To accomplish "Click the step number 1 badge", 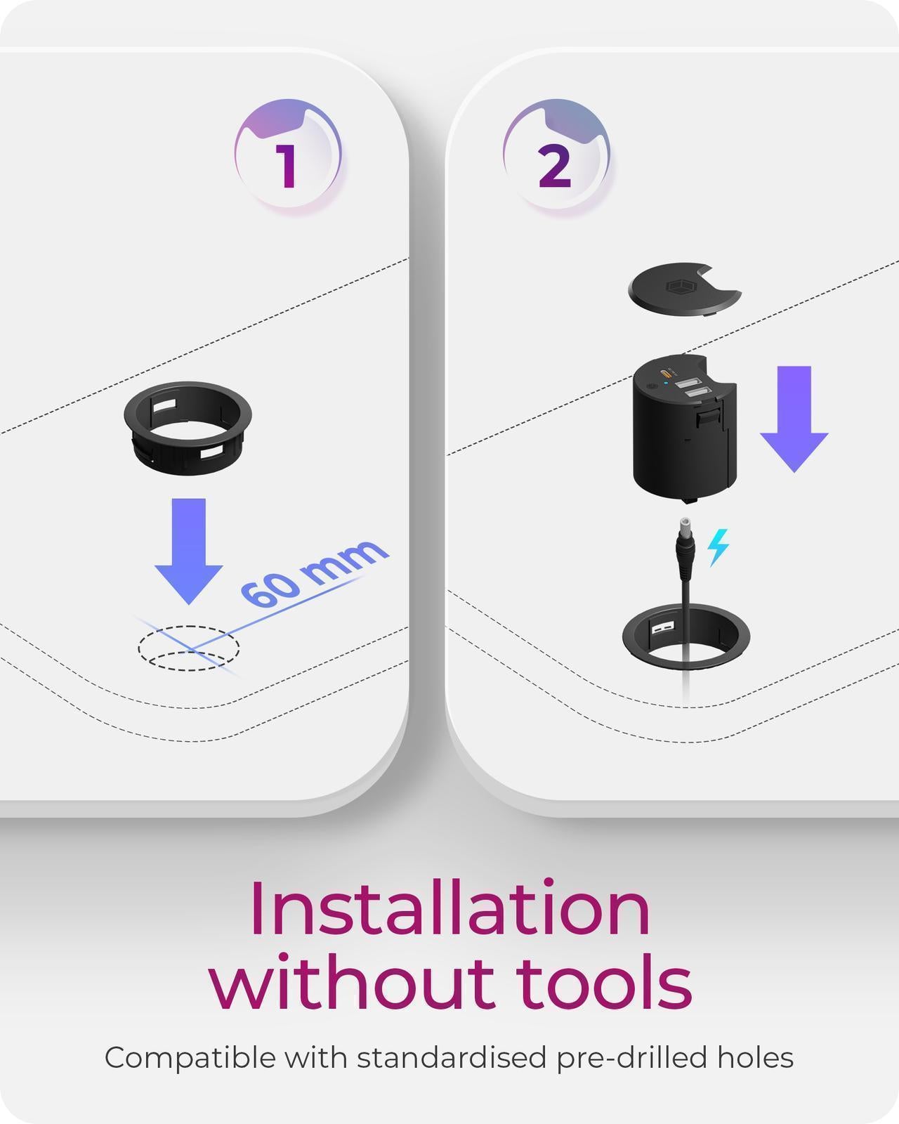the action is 288,155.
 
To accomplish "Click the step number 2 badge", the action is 556,155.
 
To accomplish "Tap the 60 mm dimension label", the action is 315,573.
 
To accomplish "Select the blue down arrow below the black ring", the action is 188,551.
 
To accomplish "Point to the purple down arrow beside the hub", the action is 794,419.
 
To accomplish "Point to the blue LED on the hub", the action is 666,384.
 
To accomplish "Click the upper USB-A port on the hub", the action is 686,383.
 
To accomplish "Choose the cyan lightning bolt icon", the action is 718,547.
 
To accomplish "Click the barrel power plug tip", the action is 684,525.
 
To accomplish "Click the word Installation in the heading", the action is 449,909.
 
